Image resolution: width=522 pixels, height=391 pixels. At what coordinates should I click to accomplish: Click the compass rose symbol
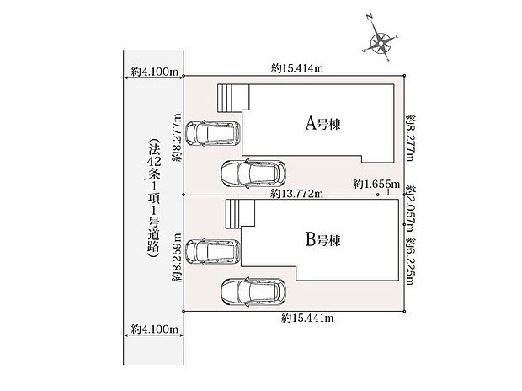click(380, 41)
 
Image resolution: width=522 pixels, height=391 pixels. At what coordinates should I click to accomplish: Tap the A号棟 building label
click(323, 124)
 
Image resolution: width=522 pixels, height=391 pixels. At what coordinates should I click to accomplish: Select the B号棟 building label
click(323, 239)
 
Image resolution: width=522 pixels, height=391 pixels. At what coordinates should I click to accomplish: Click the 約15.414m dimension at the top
click(297, 68)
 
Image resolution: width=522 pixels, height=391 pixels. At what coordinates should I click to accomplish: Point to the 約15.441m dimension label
click(307, 318)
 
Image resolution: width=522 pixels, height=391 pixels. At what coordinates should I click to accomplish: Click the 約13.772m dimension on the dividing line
click(296, 194)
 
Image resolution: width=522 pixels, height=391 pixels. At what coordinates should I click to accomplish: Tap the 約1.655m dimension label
click(376, 184)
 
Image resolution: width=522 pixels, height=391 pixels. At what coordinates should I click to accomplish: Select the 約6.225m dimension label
click(410, 261)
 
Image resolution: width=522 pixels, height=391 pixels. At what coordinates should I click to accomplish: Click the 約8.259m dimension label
click(177, 257)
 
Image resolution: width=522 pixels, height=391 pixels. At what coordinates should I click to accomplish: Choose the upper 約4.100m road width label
click(154, 72)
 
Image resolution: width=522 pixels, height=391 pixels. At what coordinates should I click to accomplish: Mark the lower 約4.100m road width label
click(154, 329)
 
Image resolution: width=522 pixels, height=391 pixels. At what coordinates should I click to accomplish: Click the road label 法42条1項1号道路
click(154, 198)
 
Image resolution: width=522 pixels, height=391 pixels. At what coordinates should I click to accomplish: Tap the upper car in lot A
click(213, 133)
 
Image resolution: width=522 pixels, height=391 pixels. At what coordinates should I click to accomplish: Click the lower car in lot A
click(253, 174)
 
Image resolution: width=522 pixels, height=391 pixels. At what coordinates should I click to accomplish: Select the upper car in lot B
click(213, 252)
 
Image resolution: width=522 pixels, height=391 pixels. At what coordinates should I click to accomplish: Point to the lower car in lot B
click(253, 292)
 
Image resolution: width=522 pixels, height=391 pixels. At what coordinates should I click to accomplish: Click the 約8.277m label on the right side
click(410, 137)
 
